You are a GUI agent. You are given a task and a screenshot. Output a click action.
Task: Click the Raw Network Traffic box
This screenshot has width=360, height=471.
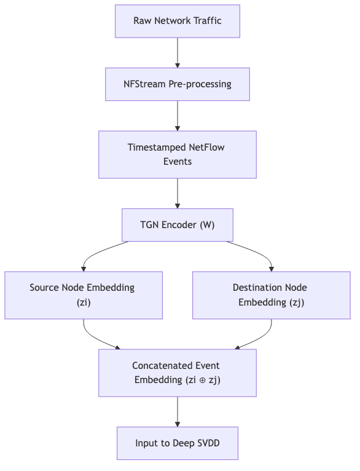pos(178,21)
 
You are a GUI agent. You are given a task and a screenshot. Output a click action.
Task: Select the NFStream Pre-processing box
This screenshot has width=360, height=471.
pos(178,84)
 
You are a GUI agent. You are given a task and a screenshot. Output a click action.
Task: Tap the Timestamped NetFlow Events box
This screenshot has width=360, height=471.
pos(178,154)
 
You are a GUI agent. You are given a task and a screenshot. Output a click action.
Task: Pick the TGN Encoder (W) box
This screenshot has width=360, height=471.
pos(178,225)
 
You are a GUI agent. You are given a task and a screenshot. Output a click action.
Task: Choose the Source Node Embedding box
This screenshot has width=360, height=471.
pos(84,295)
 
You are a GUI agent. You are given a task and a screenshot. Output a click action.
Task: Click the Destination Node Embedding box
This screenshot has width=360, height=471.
pos(271,295)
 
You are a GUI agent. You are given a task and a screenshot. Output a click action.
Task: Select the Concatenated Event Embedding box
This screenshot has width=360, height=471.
pos(178,373)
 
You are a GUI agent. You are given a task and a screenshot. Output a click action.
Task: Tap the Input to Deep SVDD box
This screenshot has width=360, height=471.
pos(178,443)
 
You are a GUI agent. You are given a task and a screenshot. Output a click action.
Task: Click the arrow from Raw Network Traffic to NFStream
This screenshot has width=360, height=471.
pos(178,53)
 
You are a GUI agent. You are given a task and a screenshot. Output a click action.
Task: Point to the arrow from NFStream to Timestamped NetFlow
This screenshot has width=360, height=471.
pos(178,116)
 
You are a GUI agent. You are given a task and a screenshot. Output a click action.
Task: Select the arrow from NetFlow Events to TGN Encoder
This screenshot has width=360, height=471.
pos(178,194)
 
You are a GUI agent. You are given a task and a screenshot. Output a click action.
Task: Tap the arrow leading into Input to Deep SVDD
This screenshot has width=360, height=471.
pos(178,411)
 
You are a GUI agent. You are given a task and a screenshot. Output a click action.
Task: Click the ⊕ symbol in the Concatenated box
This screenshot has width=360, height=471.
pos(203,380)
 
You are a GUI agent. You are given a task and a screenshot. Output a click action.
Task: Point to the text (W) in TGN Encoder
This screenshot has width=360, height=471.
pos(207,225)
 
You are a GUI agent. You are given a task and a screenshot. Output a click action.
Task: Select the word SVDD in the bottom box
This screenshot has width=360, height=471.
pos(208,443)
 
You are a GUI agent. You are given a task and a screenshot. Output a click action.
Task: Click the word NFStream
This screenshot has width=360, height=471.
pos(144,84)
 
